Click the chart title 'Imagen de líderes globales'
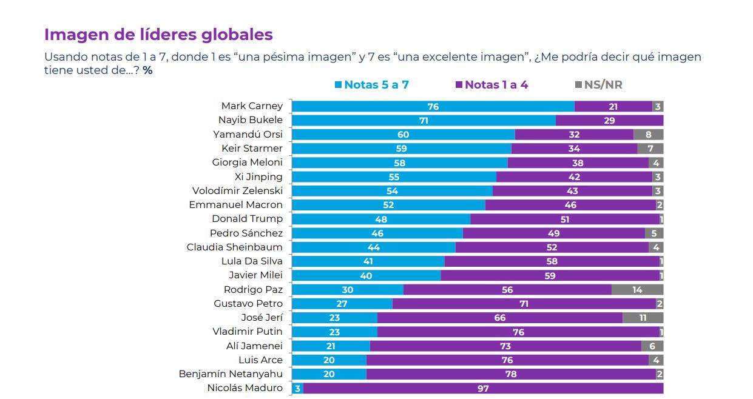click(x=158, y=35)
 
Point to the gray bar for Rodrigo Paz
click(x=637, y=290)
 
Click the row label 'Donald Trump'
click(x=247, y=219)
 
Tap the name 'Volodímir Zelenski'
click(x=237, y=191)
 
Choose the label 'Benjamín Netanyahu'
click(x=231, y=374)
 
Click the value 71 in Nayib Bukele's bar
click(x=424, y=121)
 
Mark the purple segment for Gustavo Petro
click(x=524, y=304)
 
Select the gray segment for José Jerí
click(x=643, y=318)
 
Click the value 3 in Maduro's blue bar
click(x=297, y=389)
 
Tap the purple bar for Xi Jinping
click(x=574, y=177)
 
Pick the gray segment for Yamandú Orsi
click(x=648, y=135)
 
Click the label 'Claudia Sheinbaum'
click(x=235, y=247)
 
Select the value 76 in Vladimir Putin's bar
click(x=518, y=332)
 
